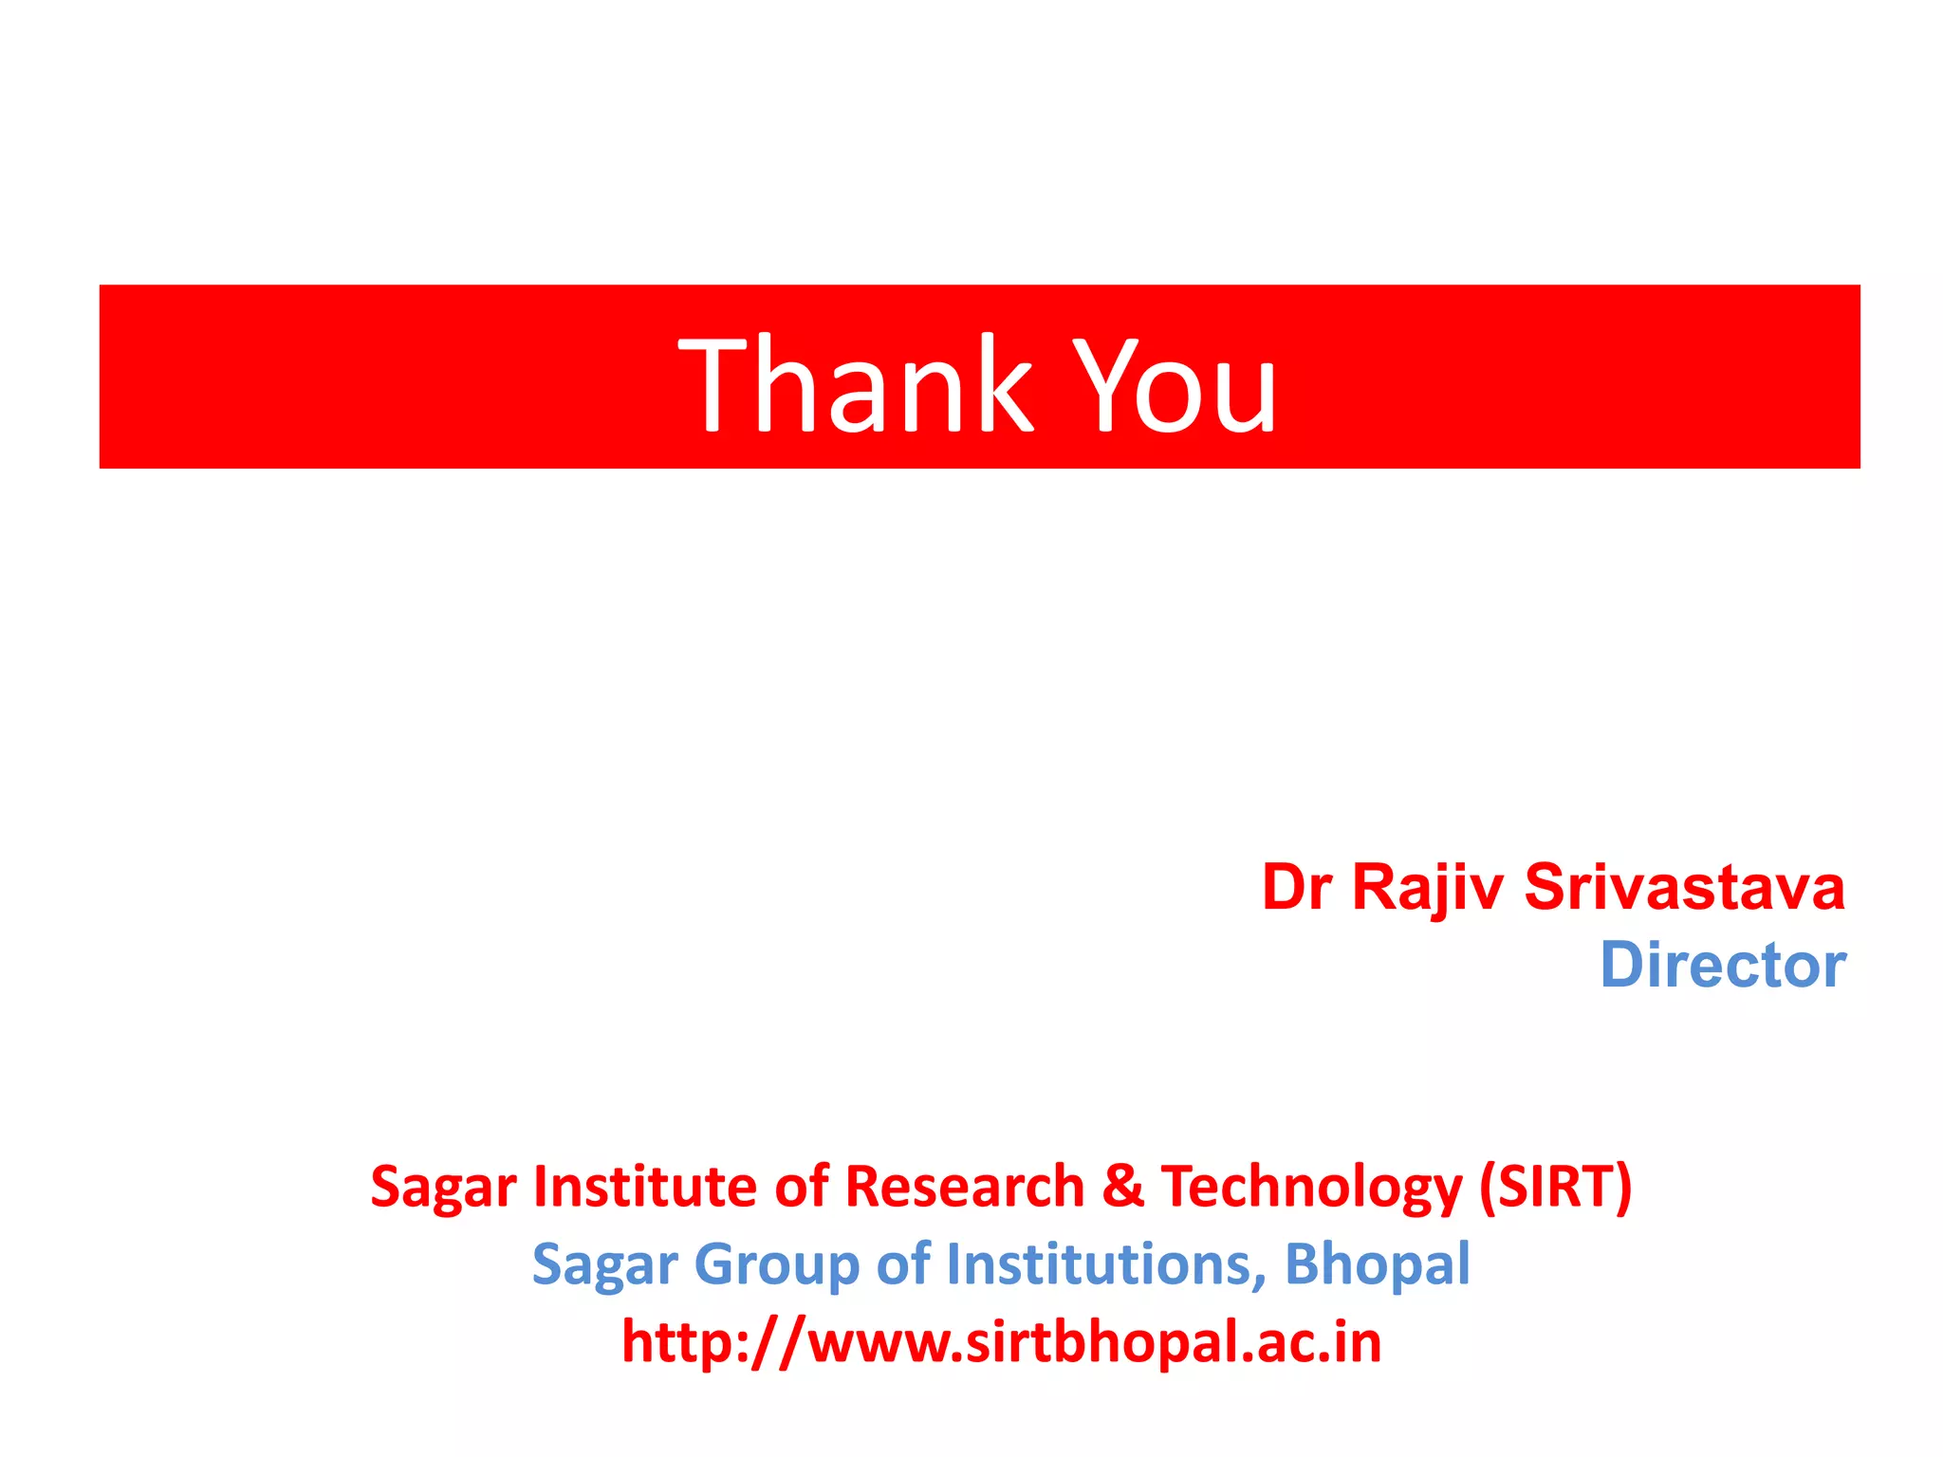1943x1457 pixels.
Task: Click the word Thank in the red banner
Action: point(854,384)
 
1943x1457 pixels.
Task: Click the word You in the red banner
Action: point(1176,384)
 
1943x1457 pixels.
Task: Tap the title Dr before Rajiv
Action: point(1297,888)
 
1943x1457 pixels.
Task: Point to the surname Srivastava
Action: point(1685,888)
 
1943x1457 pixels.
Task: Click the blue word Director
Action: point(1723,966)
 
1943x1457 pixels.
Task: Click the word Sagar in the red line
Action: point(443,1188)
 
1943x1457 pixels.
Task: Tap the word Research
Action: point(964,1186)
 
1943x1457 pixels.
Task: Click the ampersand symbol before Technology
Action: point(1123,1186)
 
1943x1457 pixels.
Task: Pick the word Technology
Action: point(1312,1188)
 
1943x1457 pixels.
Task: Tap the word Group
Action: point(776,1265)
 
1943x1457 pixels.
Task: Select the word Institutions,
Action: point(1106,1263)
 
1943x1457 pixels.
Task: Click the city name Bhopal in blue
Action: point(1377,1263)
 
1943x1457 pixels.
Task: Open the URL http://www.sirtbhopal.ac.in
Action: point(1001,1341)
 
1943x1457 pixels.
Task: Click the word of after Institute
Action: point(803,1186)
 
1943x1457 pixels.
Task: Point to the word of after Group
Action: point(903,1263)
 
